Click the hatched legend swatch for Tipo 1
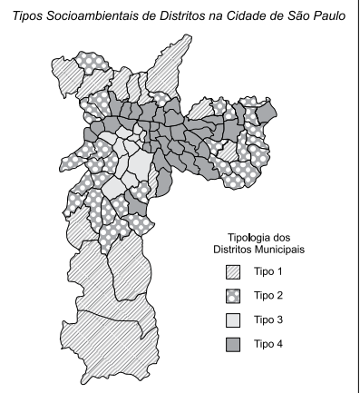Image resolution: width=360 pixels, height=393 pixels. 233,272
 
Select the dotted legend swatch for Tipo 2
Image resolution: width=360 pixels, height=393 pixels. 233,296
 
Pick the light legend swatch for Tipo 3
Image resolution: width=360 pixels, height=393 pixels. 233,320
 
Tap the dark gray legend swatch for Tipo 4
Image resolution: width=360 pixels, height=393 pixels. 233,344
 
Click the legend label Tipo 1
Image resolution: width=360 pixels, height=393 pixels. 268,272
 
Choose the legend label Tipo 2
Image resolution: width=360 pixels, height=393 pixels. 268,296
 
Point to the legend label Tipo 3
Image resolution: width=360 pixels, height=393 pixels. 268,320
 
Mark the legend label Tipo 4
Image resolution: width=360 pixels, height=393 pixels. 268,344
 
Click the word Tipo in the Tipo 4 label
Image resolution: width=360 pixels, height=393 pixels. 264,344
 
